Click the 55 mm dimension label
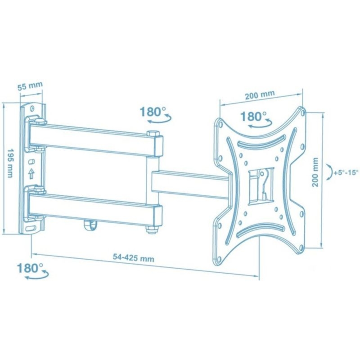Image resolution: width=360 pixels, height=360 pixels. click(30, 86)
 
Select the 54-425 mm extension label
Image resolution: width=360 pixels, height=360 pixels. click(133, 258)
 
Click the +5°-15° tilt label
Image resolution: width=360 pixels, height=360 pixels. click(346, 172)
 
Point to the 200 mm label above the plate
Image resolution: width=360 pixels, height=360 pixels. click(260, 95)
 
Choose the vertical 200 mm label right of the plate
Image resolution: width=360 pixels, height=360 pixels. click(315, 172)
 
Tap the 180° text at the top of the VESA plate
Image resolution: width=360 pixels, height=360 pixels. click(253, 116)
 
